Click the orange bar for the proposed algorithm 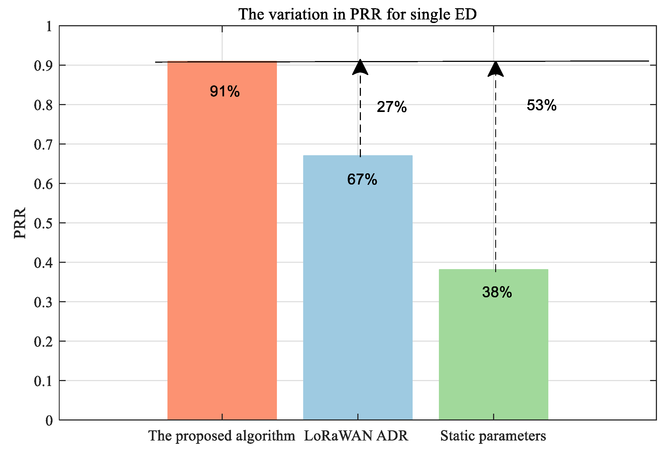[x=222, y=245]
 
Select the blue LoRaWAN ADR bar [x=358, y=288]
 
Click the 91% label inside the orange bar [x=225, y=91]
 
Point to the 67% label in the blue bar [x=362, y=179]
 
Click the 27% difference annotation [x=392, y=106]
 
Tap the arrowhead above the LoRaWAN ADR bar [x=360, y=68]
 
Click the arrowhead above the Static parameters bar [x=496, y=70]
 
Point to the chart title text [x=358, y=14]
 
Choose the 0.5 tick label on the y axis [x=43, y=223]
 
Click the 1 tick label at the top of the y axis [x=49, y=27]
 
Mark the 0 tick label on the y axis [x=49, y=421]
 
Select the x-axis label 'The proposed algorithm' [x=221, y=436]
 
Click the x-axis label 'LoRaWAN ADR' [x=356, y=436]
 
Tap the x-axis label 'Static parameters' [x=493, y=436]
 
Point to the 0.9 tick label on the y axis [x=43, y=66]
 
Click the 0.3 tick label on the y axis [x=43, y=302]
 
